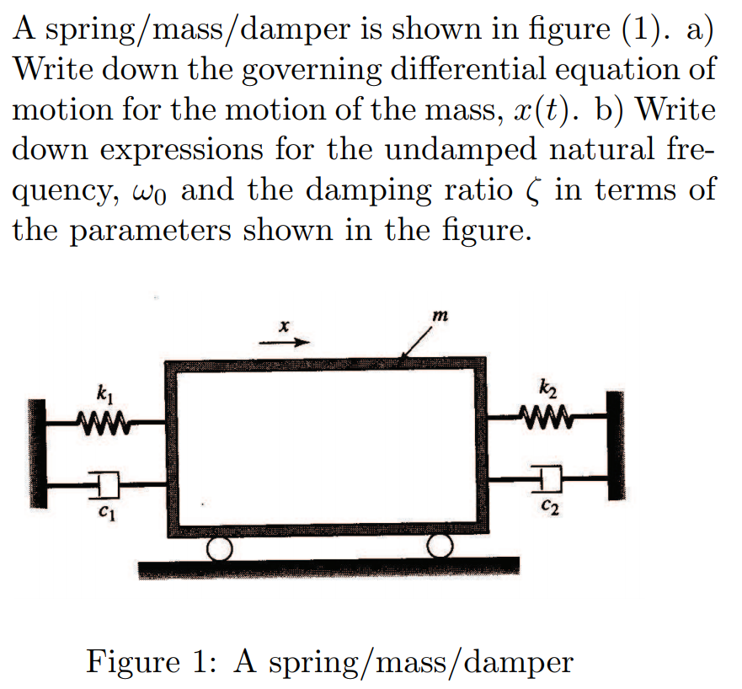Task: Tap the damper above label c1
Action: coord(108,483)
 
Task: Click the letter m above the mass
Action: coord(437,314)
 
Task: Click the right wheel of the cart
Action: coord(439,548)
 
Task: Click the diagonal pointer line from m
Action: coord(419,344)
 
